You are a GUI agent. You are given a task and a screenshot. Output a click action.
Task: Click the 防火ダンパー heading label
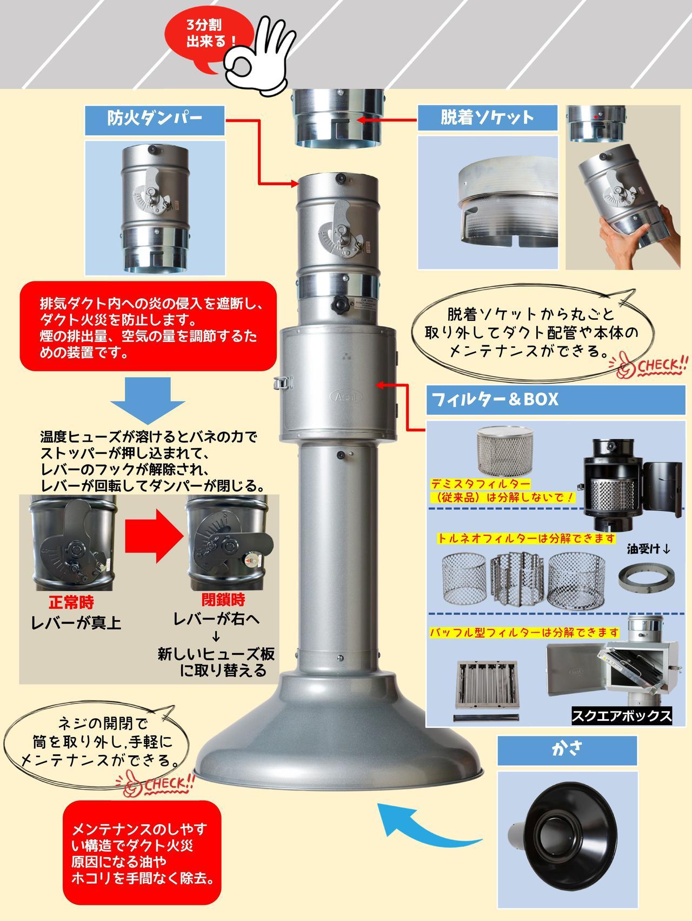pos(155,120)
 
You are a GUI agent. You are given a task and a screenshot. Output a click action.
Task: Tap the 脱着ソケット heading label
pos(487,117)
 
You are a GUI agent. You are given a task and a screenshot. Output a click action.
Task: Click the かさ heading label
pos(567,751)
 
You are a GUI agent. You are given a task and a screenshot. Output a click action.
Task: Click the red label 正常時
pos(71,602)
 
